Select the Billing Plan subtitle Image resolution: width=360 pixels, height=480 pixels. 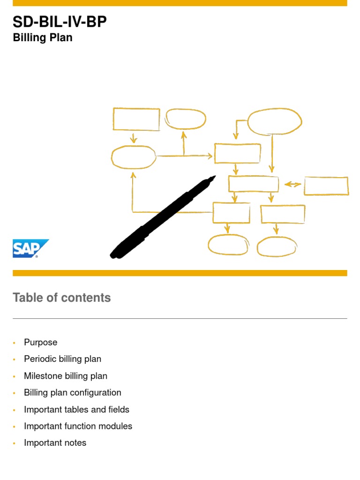tap(43, 37)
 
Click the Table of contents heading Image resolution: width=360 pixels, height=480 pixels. tap(62, 298)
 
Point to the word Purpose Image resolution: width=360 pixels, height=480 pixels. tap(41, 342)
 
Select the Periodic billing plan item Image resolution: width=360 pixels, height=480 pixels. tap(63, 359)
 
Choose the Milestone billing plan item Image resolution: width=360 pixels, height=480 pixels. tap(66, 376)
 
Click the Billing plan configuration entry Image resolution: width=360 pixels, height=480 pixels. tap(73, 393)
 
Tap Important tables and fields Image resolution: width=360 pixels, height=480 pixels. tap(77, 410)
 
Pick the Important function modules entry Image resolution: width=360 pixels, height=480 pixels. tap(78, 427)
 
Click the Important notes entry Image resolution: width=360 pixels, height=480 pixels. tap(55, 443)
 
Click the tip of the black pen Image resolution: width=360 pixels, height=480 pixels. tap(214, 178)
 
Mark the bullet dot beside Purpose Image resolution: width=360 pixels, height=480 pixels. tap(15, 343)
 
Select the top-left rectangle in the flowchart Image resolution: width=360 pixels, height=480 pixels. tap(136, 119)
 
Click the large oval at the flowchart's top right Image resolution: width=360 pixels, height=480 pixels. tap(274, 121)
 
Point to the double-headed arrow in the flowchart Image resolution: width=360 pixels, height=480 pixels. tap(293, 184)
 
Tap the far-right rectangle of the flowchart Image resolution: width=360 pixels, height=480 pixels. tap(326, 186)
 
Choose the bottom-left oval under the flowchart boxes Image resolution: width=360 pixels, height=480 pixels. tap(228, 245)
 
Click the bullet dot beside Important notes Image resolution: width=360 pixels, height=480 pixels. tap(15, 443)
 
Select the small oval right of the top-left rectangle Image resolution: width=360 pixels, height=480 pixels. tap(186, 119)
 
